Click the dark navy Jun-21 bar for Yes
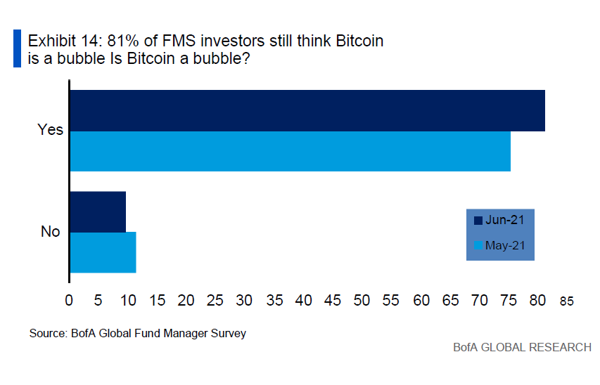click(307, 110)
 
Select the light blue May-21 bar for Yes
click(290, 151)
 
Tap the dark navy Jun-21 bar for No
click(98, 211)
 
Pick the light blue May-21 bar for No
click(103, 252)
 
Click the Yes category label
click(50, 130)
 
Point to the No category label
click(50, 232)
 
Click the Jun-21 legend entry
click(499, 220)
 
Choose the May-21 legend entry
click(499, 246)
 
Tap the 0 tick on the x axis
click(69, 300)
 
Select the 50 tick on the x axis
click(362, 300)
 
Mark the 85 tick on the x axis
click(567, 301)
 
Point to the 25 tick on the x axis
click(215, 300)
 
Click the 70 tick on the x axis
click(479, 300)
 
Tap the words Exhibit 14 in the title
click(58, 41)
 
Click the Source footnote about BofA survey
click(138, 333)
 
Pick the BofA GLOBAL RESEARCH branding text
click(522, 348)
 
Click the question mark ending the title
click(246, 59)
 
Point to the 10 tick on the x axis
click(127, 300)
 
